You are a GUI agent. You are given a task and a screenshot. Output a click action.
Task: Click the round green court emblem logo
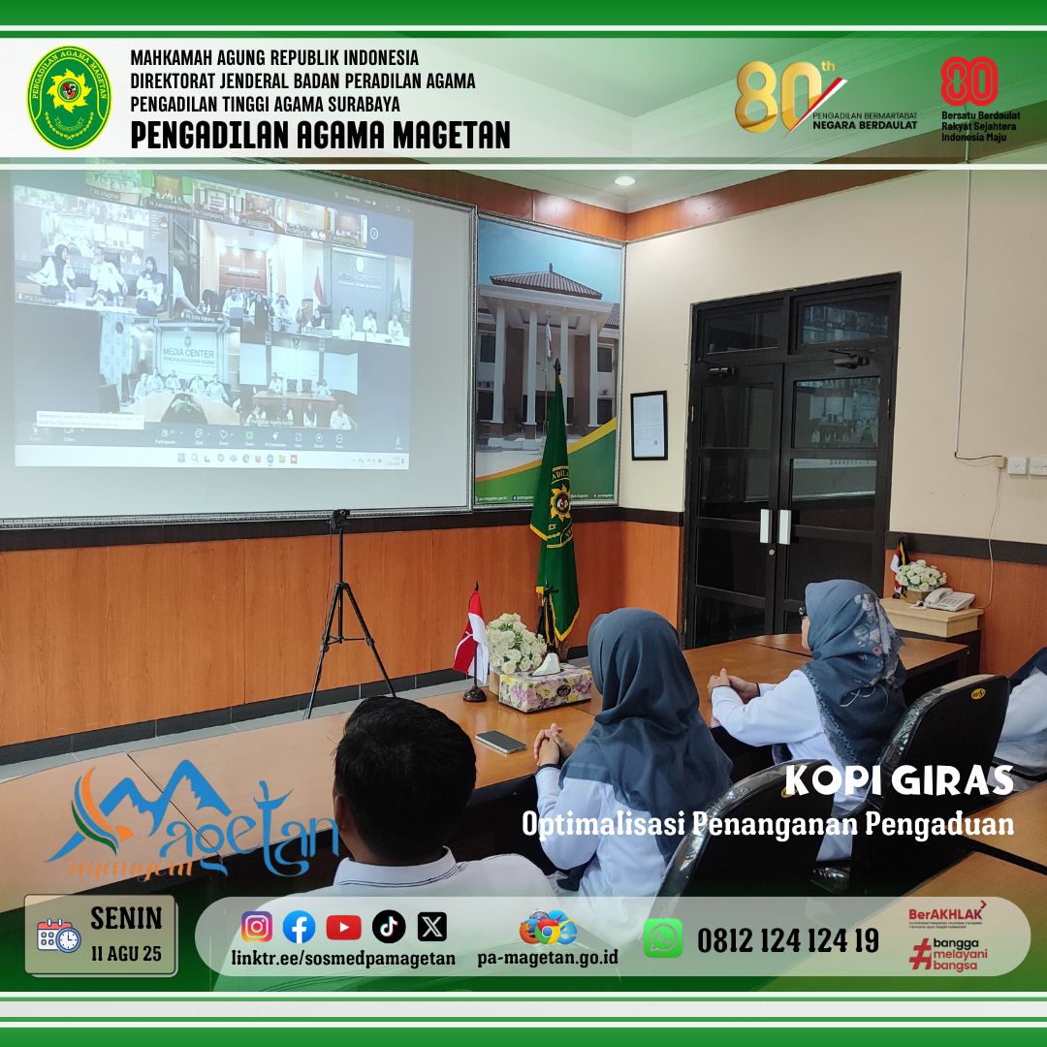[x=69, y=97]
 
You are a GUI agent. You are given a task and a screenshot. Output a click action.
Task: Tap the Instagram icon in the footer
[x=257, y=927]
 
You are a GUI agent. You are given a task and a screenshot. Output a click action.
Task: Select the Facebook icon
[x=300, y=927]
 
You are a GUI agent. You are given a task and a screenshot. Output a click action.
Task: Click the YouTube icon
[x=343, y=927]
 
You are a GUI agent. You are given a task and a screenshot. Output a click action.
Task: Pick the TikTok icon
[x=388, y=927]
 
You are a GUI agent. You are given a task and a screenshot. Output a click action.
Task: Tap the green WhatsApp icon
[x=663, y=937]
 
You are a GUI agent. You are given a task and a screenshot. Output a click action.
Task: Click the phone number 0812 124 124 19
[x=788, y=939]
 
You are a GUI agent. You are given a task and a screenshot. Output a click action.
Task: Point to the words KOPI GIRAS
[x=898, y=780]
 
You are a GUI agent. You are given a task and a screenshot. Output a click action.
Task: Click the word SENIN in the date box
[x=126, y=917]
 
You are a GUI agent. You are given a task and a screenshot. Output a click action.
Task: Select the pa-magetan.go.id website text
[x=548, y=958]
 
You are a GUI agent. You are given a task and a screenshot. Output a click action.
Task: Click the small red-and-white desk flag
[x=473, y=635]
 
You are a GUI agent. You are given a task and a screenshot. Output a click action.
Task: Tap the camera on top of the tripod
[x=339, y=519]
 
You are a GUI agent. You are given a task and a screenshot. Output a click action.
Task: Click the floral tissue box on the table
[x=545, y=685]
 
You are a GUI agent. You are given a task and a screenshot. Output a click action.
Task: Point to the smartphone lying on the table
[x=500, y=741]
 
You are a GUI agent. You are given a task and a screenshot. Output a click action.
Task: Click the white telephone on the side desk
[x=946, y=598]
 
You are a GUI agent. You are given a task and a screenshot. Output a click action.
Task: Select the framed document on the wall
[x=649, y=425]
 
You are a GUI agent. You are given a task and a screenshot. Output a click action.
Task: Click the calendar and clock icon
[x=59, y=936]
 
